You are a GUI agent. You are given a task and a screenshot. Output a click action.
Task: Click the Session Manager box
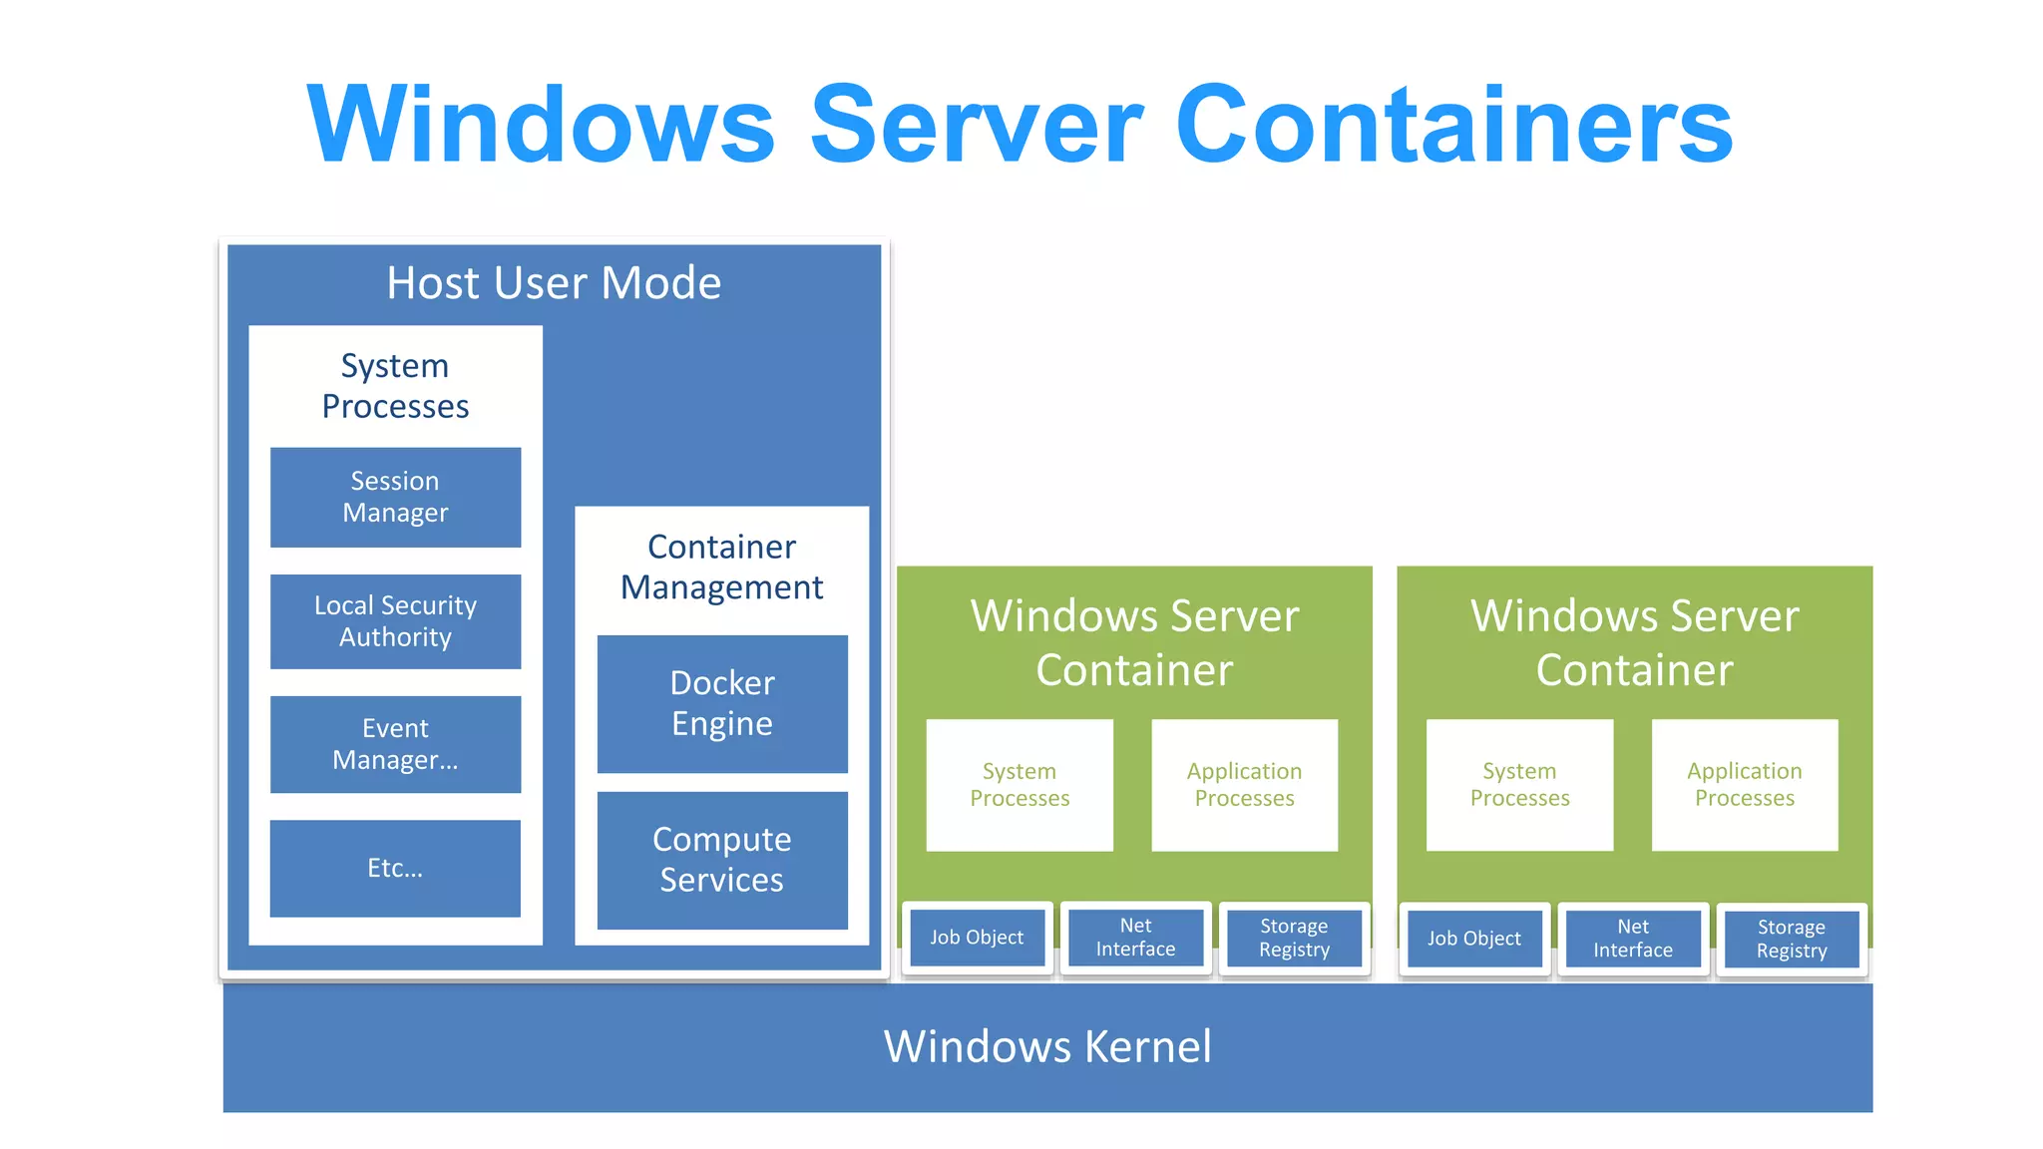point(395,497)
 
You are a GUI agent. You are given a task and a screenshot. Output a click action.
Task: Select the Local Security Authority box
point(395,621)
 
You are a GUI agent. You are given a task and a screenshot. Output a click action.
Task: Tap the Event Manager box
point(395,744)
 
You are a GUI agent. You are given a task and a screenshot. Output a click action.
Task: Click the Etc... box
point(395,868)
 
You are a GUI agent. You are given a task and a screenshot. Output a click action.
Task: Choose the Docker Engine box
point(722,703)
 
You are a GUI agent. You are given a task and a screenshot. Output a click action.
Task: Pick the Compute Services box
point(722,860)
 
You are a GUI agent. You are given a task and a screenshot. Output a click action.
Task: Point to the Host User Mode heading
point(554,283)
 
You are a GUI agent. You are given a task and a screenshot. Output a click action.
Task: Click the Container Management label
point(722,567)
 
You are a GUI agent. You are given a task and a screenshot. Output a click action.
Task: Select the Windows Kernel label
point(1047,1047)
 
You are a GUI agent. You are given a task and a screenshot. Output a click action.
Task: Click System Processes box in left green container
point(1020,785)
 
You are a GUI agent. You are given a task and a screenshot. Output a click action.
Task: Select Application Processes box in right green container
point(1745,785)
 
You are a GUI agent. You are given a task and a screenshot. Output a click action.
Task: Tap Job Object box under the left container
point(977,938)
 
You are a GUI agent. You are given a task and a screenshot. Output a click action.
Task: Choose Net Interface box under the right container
point(1633,939)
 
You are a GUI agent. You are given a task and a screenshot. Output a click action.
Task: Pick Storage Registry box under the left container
point(1294,938)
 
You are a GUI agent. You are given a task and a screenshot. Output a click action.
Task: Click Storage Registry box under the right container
point(1792,939)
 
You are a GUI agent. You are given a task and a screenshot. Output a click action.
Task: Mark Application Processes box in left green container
point(1244,785)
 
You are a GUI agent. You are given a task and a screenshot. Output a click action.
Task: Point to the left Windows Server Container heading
point(1134,642)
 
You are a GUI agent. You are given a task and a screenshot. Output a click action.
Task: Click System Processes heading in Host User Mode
point(395,386)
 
